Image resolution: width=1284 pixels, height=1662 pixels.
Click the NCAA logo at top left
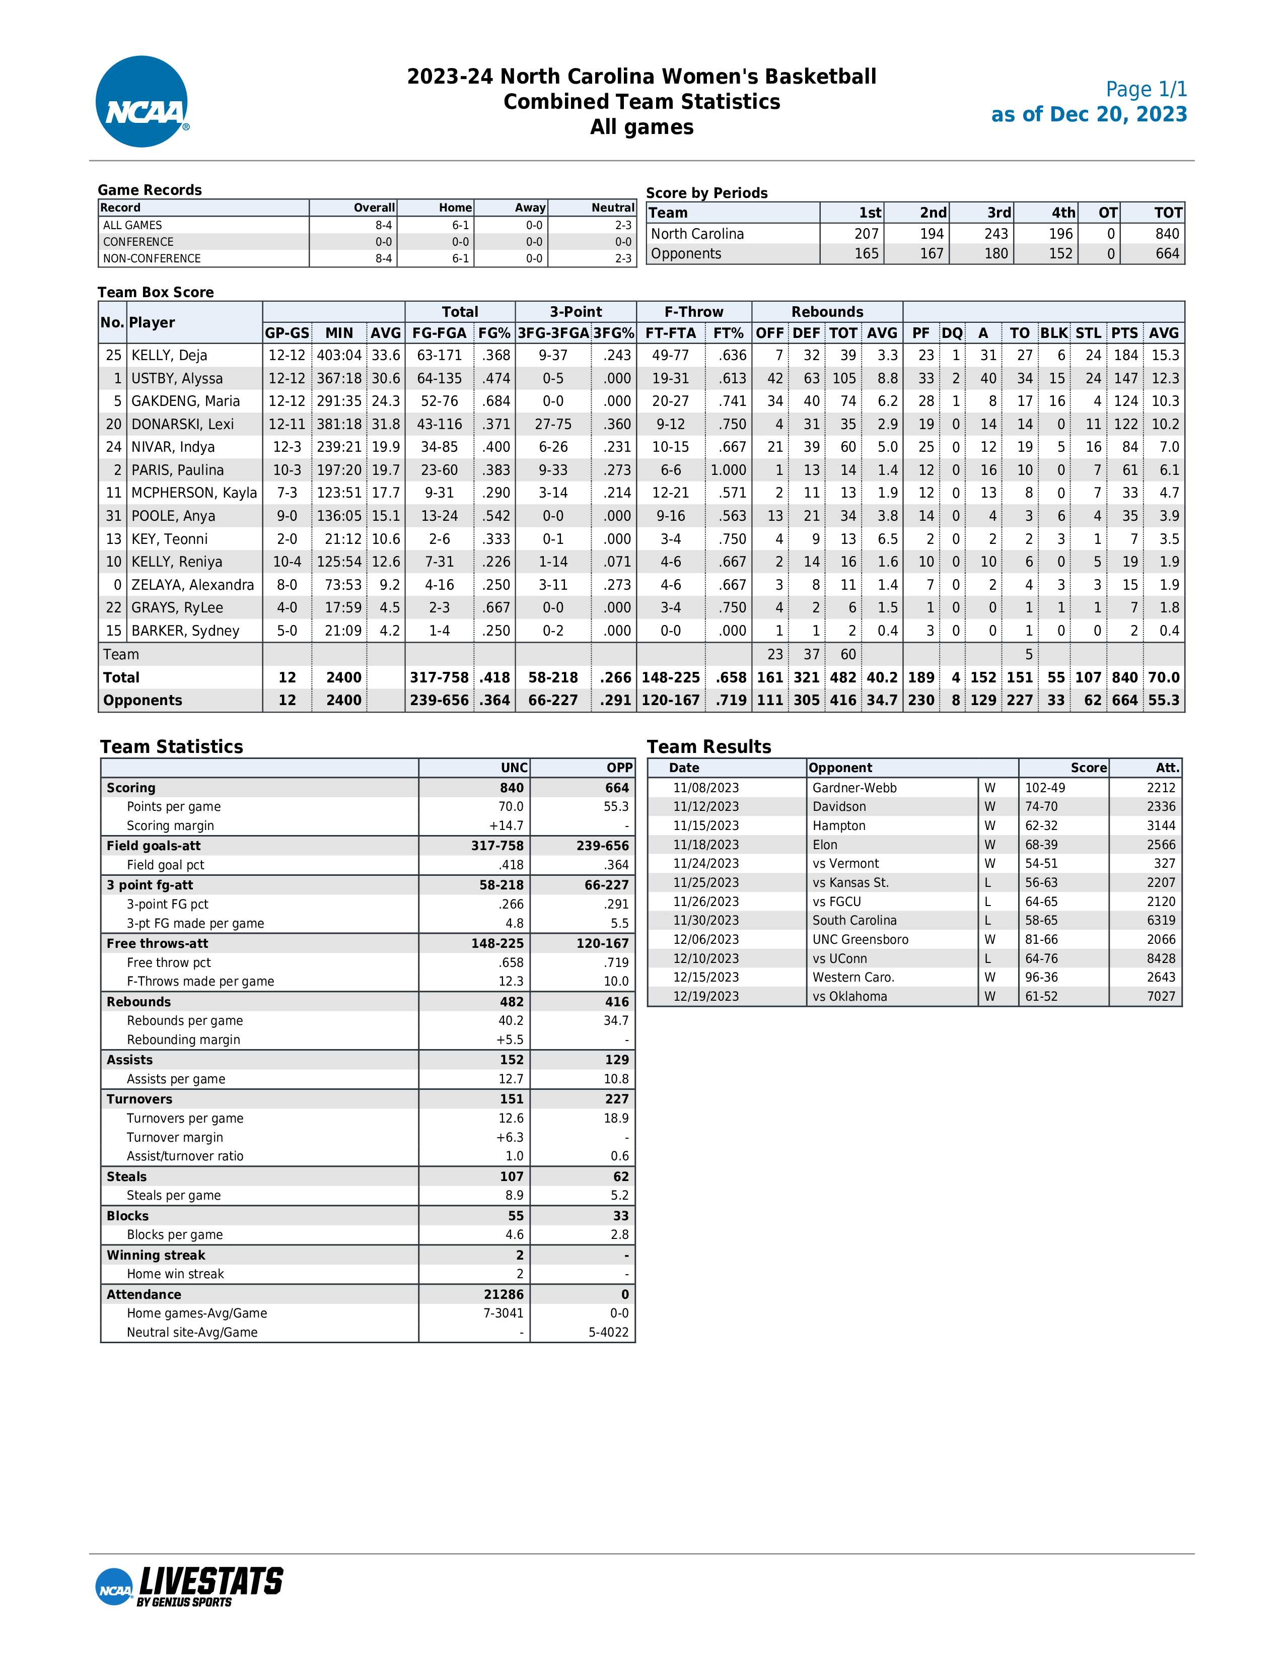click(142, 101)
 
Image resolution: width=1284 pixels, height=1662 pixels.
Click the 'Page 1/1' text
click(1146, 90)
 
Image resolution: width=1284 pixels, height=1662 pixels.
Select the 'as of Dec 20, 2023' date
click(1089, 115)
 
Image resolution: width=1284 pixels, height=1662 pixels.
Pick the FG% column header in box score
click(493, 333)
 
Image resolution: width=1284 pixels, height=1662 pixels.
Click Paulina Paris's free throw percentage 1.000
click(728, 470)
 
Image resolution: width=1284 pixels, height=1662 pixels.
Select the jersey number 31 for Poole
click(113, 516)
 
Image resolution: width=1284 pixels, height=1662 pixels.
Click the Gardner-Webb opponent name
click(854, 788)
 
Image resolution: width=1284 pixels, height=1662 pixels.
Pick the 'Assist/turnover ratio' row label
click(185, 1156)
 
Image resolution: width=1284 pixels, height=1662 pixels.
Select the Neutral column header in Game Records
click(612, 207)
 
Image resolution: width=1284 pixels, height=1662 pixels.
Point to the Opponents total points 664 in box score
click(1124, 700)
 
